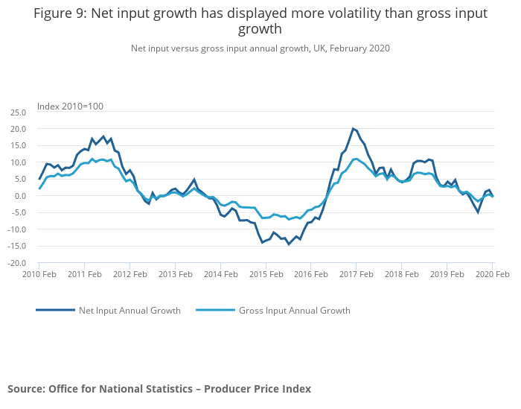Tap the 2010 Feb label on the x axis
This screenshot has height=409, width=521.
(39, 275)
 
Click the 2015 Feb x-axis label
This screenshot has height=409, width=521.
(266, 275)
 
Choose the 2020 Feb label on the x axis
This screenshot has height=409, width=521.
(492, 275)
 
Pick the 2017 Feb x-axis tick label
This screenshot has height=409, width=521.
(357, 275)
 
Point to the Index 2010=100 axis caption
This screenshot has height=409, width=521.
(70, 106)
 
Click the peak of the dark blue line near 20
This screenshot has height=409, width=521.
(353, 129)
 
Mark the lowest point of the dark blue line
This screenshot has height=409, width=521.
(289, 244)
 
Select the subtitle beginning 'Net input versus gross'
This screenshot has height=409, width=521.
(260, 48)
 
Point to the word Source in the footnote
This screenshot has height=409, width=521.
(25, 389)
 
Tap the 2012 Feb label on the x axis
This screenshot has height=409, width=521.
(130, 275)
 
